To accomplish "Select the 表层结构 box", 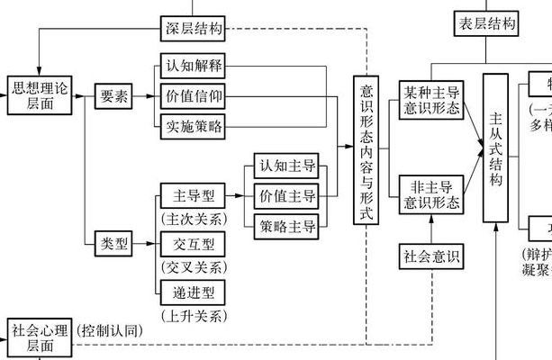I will pyautogui.click(x=487, y=24).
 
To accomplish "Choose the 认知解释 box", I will pyautogui.click(x=193, y=67).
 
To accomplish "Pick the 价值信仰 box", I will pyautogui.click(x=193, y=96).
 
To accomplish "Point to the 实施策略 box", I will pyautogui.click(x=193, y=126).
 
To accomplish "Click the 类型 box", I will pyautogui.click(x=114, y=243).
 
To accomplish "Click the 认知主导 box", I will pyautogui.click(x=288, y=166).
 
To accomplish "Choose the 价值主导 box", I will pyautogui.click(x=288, y=196).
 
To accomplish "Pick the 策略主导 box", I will pyautogui.click(x=288, y=225).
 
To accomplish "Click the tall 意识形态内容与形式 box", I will pyautogui.click(x=366, y=149).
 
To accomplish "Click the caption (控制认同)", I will pyautogui.click(x=109, y=330).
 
